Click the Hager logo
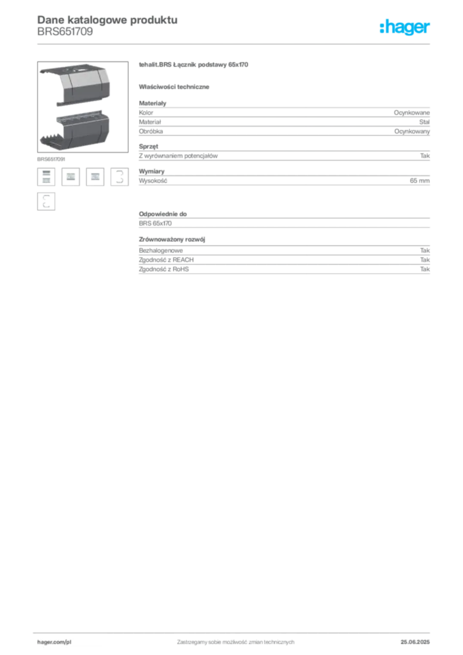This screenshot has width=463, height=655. [x=405, y=28]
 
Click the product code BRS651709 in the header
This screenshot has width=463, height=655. [x=65, y=32]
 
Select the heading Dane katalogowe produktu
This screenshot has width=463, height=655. [x=107, y=20]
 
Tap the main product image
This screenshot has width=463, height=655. [x=82, y=107]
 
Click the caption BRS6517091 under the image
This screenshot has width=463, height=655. [x=51, y=159]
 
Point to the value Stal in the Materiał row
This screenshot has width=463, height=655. [x=424, y=122]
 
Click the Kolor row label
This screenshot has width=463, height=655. [x=146, y=113]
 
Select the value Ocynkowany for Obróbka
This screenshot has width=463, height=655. [x=412, y=131]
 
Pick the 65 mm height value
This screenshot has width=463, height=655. [x=420, y=180]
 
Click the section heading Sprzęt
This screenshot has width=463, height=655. [x=148, y=146]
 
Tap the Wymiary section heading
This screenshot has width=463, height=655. [x=152, y=171]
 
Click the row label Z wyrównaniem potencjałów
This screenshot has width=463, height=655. [x=178, y=156]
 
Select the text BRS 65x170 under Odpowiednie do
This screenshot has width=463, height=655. [x=155, y=223]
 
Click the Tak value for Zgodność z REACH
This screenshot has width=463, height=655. [x=425, y=260]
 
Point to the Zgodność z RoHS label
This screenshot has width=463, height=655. [x=164, y=269]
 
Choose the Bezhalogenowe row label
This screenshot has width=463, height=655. [x=161, y=251]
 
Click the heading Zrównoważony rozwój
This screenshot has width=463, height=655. [x=172, y=240]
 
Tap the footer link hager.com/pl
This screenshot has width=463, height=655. [x=54, y=642]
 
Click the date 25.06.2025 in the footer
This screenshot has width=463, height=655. [x=415, y=642]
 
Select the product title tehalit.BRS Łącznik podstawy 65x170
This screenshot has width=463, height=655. [x=194, y=65]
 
